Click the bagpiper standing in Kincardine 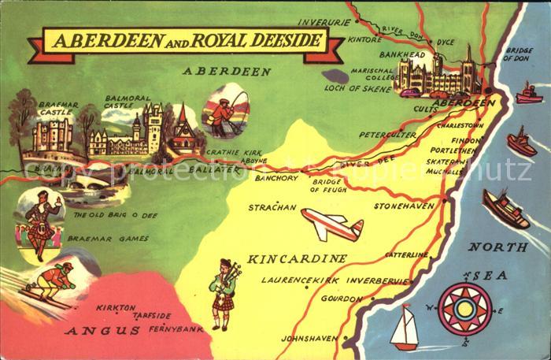click(x=224, y=288)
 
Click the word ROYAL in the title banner click(x=206, y=41)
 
